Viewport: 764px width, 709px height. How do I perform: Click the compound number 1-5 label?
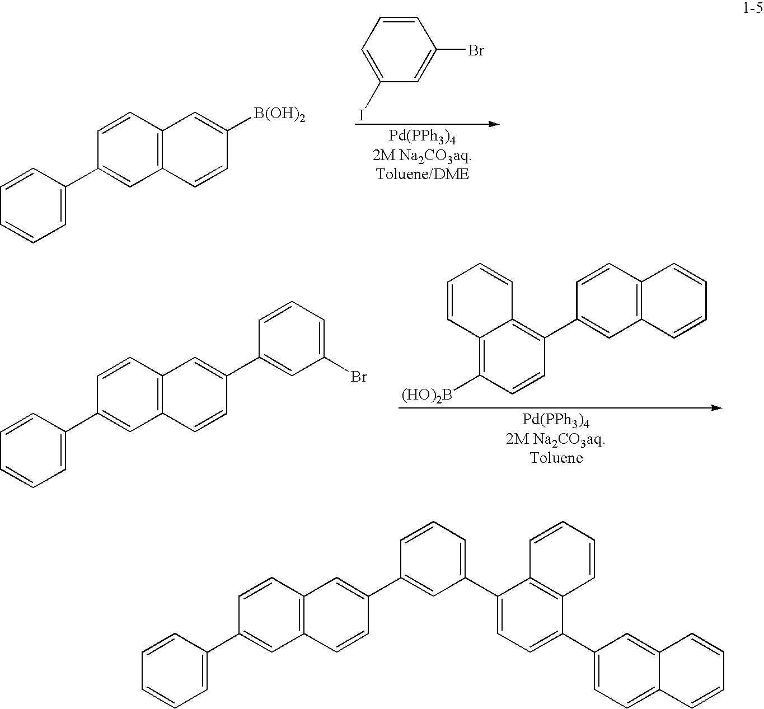752,8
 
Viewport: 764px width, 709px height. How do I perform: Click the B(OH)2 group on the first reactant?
279,114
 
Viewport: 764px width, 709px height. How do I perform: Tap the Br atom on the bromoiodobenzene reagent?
476,50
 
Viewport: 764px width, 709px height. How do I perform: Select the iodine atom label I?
361,115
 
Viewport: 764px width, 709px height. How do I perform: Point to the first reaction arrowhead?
494,124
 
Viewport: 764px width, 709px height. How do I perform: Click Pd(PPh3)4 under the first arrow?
422,137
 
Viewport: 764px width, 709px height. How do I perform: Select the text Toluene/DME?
423,174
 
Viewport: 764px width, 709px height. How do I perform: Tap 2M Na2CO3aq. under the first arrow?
422,156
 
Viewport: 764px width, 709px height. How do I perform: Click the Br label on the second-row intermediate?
359,377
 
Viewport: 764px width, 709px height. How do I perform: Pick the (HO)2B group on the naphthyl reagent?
427,395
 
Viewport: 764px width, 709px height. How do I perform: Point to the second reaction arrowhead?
716,407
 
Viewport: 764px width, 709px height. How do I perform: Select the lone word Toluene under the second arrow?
556,458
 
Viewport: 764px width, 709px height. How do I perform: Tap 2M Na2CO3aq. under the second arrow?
555,439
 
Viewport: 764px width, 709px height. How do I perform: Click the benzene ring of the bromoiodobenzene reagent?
399,49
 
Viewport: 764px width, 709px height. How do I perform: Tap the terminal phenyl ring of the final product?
175,670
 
